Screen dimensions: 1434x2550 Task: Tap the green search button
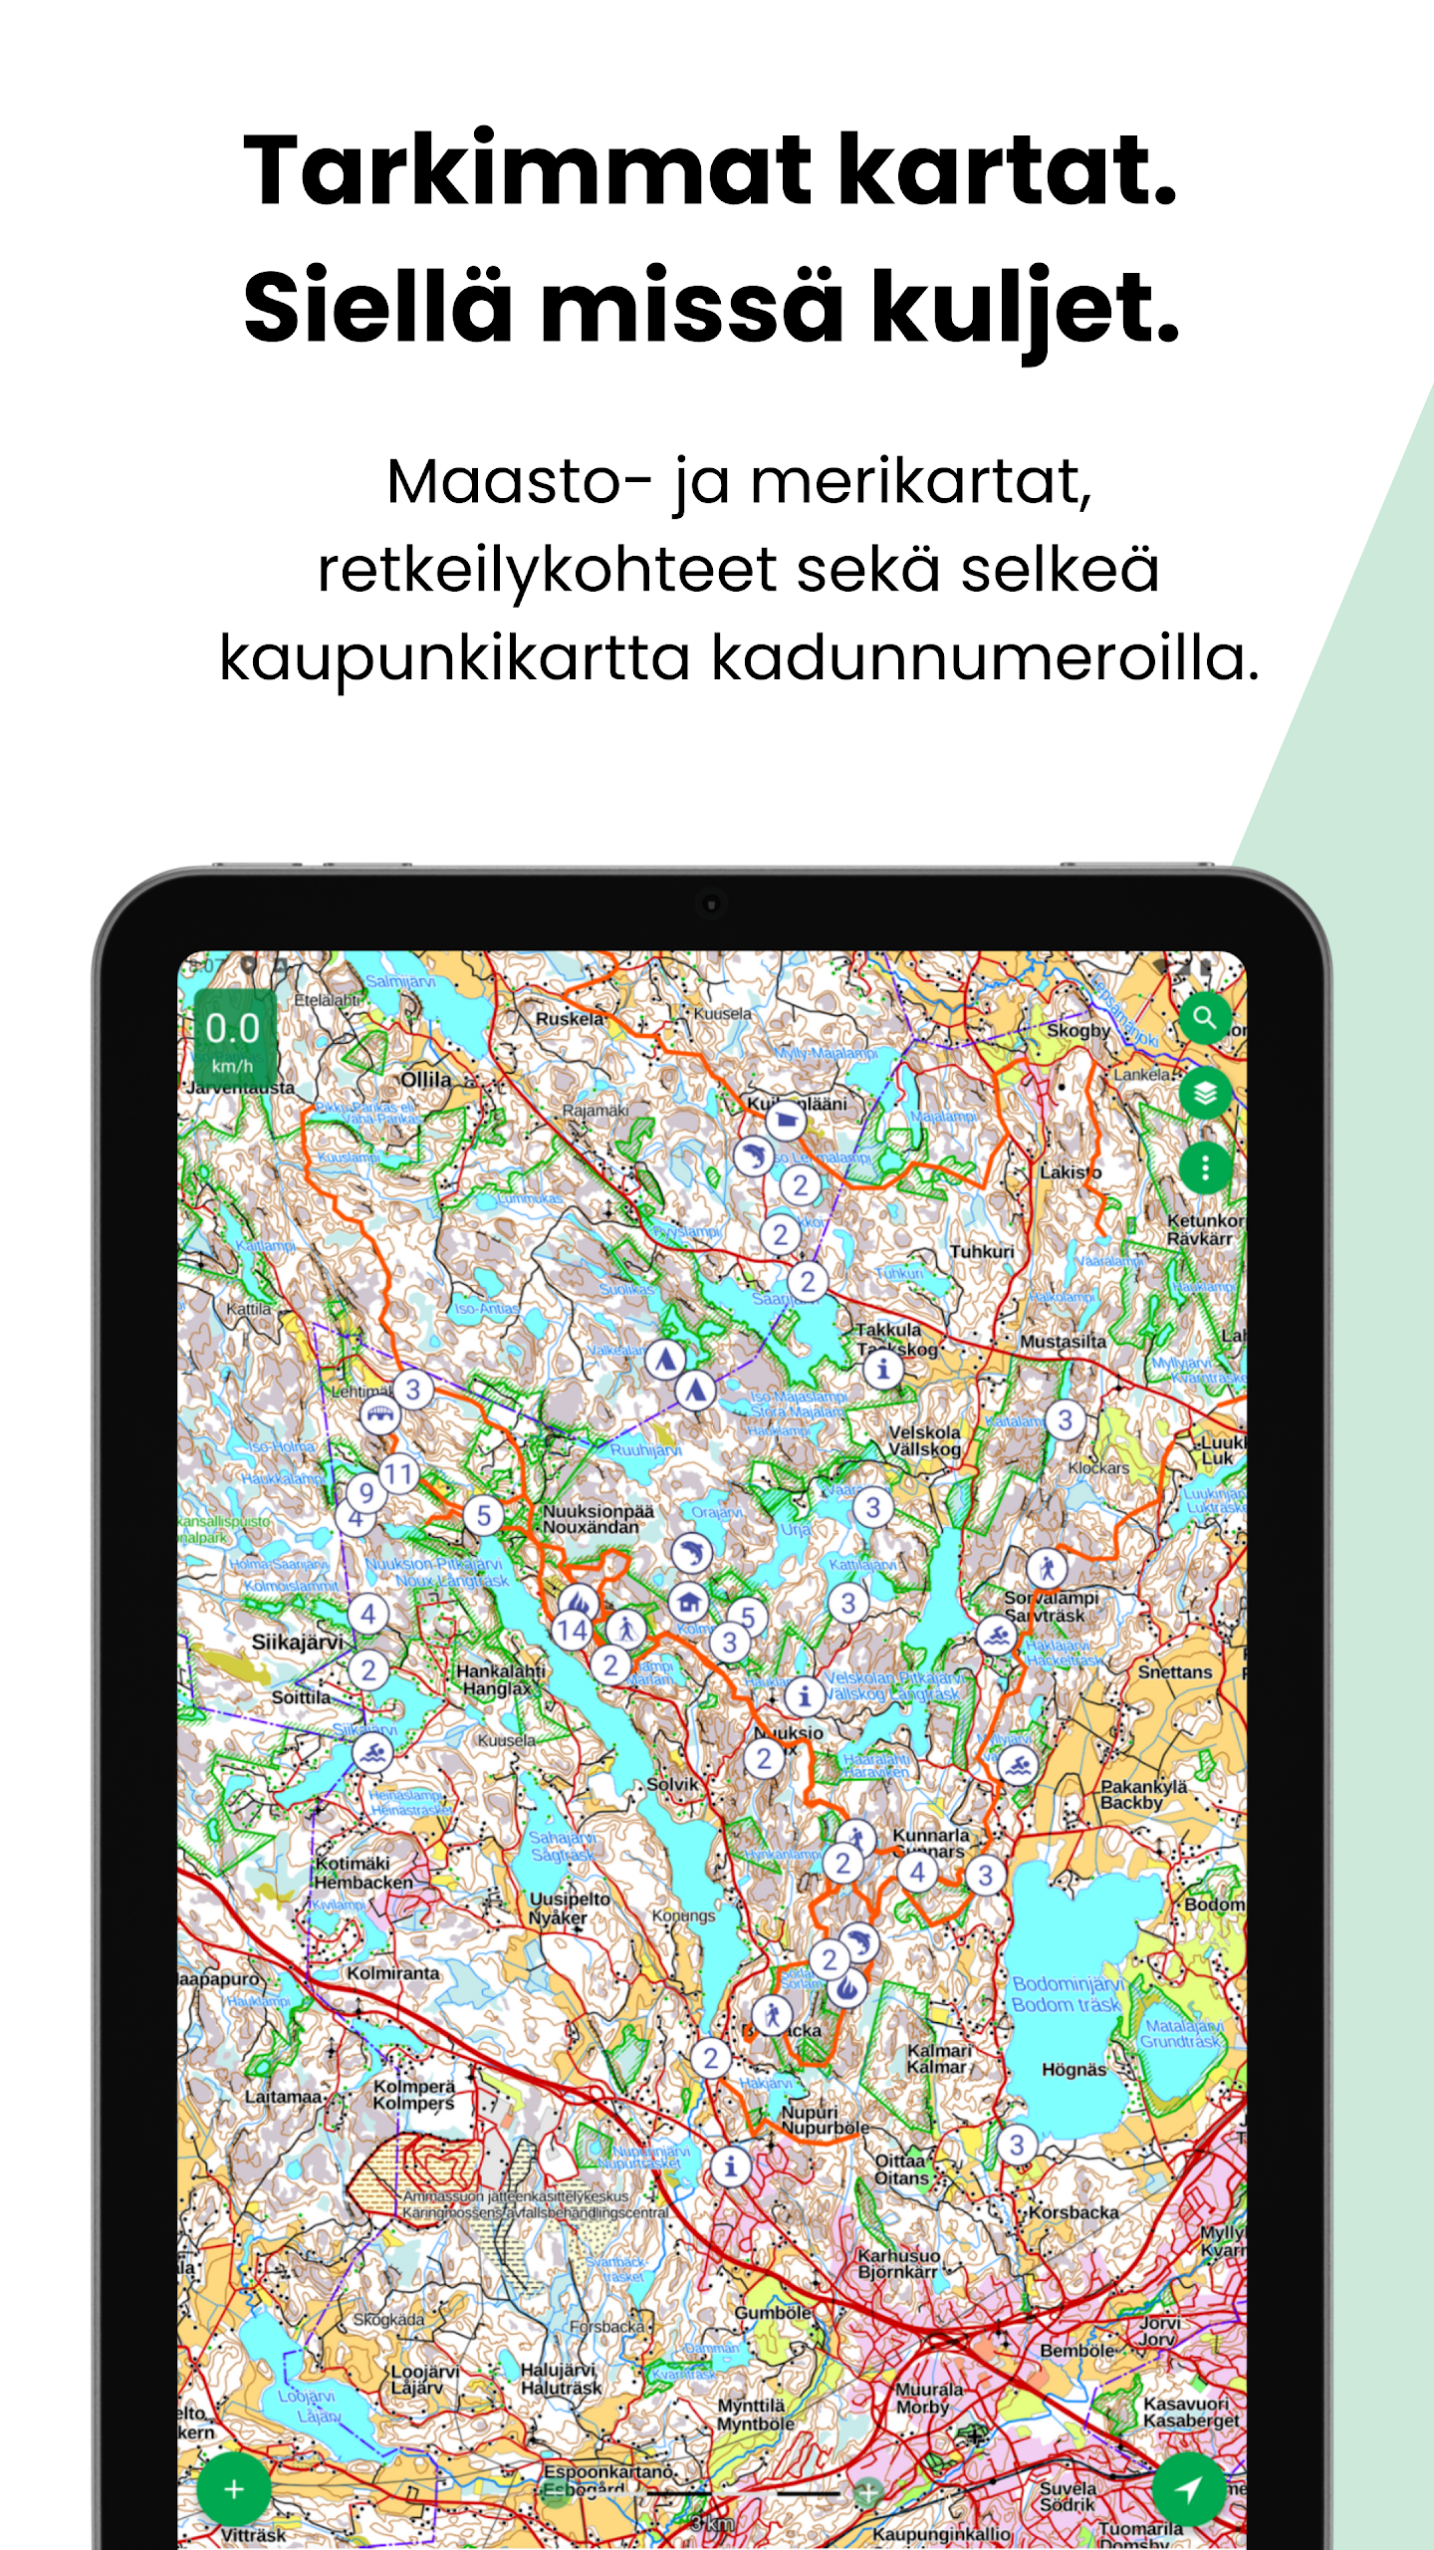click(x=1205, y=1018)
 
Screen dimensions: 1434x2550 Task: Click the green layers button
click(x=1205, y=1093)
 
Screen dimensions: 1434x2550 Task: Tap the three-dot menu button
click(x=1205, y=1166)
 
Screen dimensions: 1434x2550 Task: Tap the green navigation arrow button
click(x=1188, y=2488)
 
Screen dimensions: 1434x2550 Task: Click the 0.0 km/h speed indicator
click(x=233, y=1037)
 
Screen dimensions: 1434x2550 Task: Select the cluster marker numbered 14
click(x=572, y=1631)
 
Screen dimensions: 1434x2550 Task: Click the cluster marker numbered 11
click(x=398, y=1473)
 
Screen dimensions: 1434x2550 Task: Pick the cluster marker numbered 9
click(x=366, y=1492)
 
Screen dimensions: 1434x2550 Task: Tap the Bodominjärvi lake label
click(x=1068, y=1983)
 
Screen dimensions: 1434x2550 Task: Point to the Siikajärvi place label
click(x=297, y=1642)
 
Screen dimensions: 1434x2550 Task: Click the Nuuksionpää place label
click(x=598, y=1511)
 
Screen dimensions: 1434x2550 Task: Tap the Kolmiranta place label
click(x=392, y=1973)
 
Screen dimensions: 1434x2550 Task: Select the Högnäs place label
click(x=1074, y=2069)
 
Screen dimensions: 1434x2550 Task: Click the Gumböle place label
click(x=773, y=2312)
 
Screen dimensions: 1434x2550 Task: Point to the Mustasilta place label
click(x=1063, y=1342)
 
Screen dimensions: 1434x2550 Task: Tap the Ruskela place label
click(x=570, y=1019)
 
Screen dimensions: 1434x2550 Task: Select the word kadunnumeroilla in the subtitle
click(x=985, y=658)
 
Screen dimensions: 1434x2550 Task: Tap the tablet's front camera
click(x=711, y=904)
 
